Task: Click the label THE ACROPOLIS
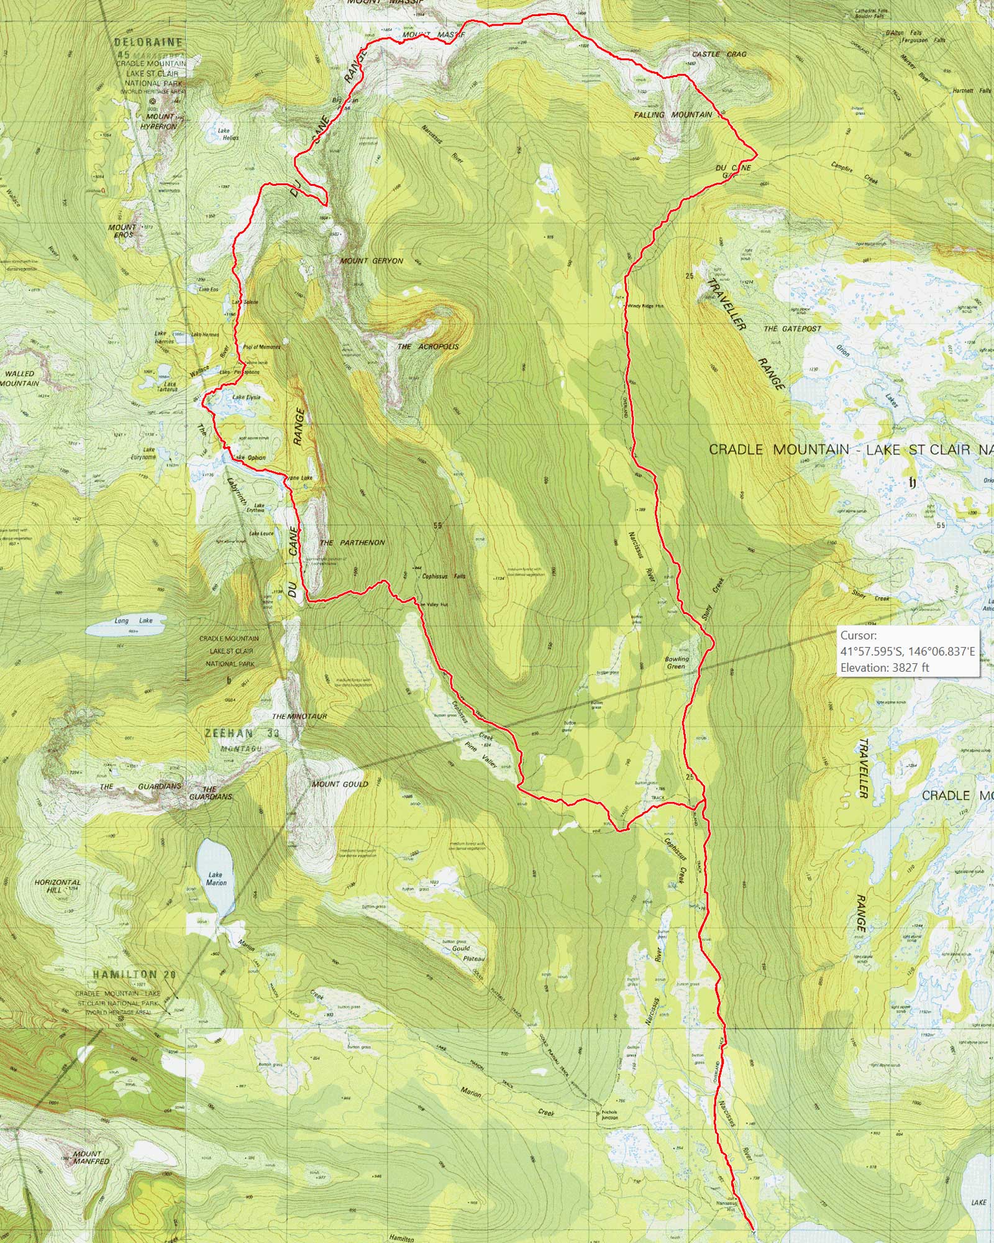pos(427,346)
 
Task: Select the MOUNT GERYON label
pos(372,261)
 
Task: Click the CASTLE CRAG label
pos(719,54)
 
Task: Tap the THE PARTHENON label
pos(352,543)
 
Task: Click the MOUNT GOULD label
pos(340,784)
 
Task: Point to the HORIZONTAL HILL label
pos(58,886)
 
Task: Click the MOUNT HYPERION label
pos(161,121)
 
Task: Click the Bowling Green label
pos(677,663)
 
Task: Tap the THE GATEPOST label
pos(792,329)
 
